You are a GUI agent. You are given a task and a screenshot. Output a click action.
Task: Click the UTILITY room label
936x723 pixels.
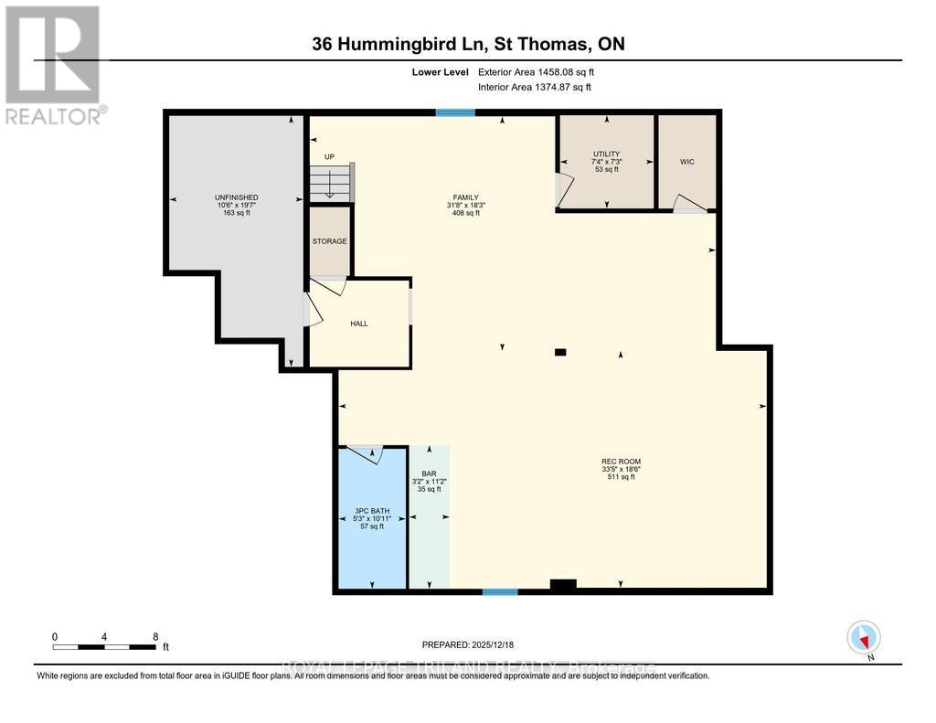point(606,154)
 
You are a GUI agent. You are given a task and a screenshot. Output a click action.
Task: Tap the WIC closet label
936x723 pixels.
point(686,162)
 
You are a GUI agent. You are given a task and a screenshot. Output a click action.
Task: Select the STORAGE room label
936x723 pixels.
point(329,241)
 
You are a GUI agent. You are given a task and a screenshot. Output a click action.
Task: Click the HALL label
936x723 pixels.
point(359,324)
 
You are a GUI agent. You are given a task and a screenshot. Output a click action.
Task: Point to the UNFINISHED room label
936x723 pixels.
point(236,197)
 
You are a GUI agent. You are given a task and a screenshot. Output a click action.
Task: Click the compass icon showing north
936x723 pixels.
point(863,636)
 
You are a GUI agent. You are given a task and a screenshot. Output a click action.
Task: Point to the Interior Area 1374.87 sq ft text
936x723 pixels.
point(535,87)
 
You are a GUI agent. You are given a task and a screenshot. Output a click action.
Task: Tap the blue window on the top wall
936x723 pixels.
point(454,113)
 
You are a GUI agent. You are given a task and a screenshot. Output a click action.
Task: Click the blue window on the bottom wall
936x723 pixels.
point(500,591)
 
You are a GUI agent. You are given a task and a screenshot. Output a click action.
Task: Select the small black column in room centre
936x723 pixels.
point(560,352)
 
